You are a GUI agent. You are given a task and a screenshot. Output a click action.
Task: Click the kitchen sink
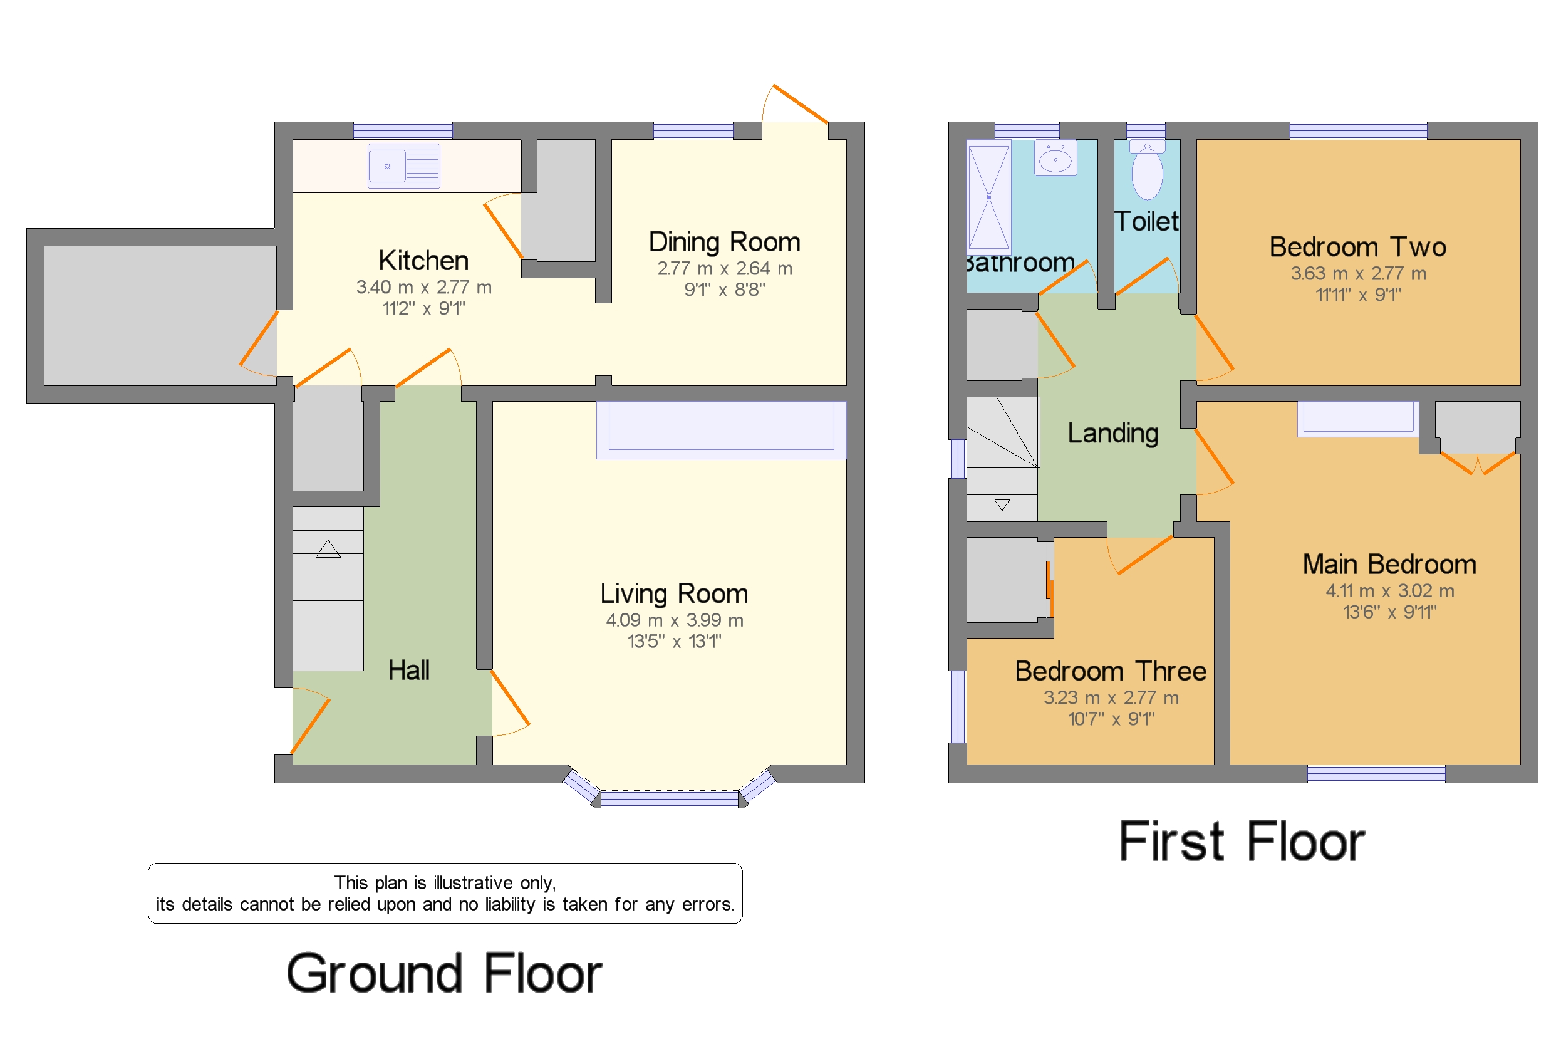(x=403, y=166)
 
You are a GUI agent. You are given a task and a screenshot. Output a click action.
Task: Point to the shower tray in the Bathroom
(x=988, y=197)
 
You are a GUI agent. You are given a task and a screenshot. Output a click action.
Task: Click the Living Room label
(x=673, y=593)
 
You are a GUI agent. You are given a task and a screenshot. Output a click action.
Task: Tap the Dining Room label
(x=724, y=242)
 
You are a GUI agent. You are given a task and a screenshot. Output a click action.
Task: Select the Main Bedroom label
(x=1389, y=564)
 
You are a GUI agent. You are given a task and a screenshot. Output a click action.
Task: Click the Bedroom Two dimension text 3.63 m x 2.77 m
(x=1357, y=273)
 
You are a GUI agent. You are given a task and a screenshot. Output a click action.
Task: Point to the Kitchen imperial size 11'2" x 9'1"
(x=423, y=308)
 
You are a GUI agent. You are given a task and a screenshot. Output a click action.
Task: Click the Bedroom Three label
(x=1110, y=671)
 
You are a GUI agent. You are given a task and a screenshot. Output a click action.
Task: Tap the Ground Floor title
(x=444, y=973)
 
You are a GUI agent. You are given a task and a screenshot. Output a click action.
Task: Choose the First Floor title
(x=1242, y=841)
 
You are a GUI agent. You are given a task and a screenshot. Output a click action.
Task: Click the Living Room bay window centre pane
(x=669, y=798)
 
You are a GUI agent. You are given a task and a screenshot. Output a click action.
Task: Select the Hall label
(x=408, y=670)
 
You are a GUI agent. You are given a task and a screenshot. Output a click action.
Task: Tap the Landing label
(x=1112, y=434)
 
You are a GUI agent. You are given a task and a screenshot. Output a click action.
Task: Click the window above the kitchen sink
(x=403, y=130)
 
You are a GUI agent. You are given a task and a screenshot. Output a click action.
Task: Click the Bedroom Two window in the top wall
(x=1357, y=130)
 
